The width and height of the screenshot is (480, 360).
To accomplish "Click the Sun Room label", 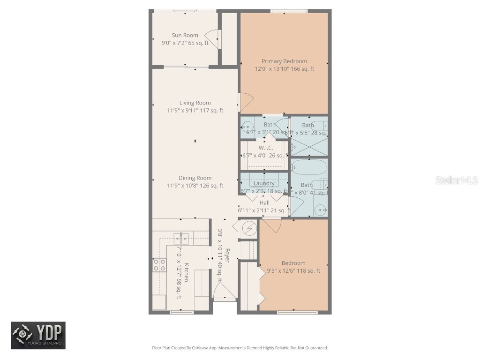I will tap(185, 35).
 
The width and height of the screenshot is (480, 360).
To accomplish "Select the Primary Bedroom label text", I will tap(284, 61).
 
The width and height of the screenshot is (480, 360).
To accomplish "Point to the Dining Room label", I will tap(195, 178).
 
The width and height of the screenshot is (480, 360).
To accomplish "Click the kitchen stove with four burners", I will tap(159, 265).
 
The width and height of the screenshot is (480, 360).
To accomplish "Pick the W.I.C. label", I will tap(265, 148).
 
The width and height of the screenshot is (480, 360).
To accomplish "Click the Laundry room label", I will tap(263, 183).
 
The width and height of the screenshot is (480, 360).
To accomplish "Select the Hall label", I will tap(264, 202).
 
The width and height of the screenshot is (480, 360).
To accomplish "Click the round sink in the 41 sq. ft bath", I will tap(320, 209).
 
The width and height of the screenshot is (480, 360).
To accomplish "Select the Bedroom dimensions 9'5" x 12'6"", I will tap(293, 271).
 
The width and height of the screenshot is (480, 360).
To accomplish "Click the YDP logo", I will tap(38, 335).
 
